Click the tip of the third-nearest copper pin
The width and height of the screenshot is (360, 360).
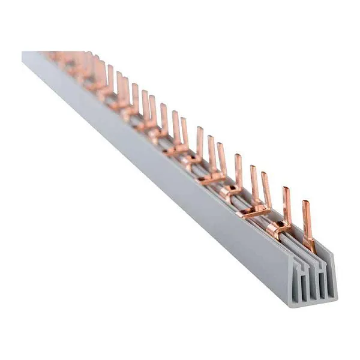click(x=266, y=175)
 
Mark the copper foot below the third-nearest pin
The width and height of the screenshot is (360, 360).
click(x=255, y=211)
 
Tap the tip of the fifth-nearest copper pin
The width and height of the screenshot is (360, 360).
click(x=238, y=157)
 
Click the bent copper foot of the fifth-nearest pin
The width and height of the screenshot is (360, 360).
click(x=231, y=191)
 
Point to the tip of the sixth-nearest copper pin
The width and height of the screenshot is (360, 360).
click(x=220, y=146)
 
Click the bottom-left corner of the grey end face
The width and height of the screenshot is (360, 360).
click(x=293, y=305)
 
